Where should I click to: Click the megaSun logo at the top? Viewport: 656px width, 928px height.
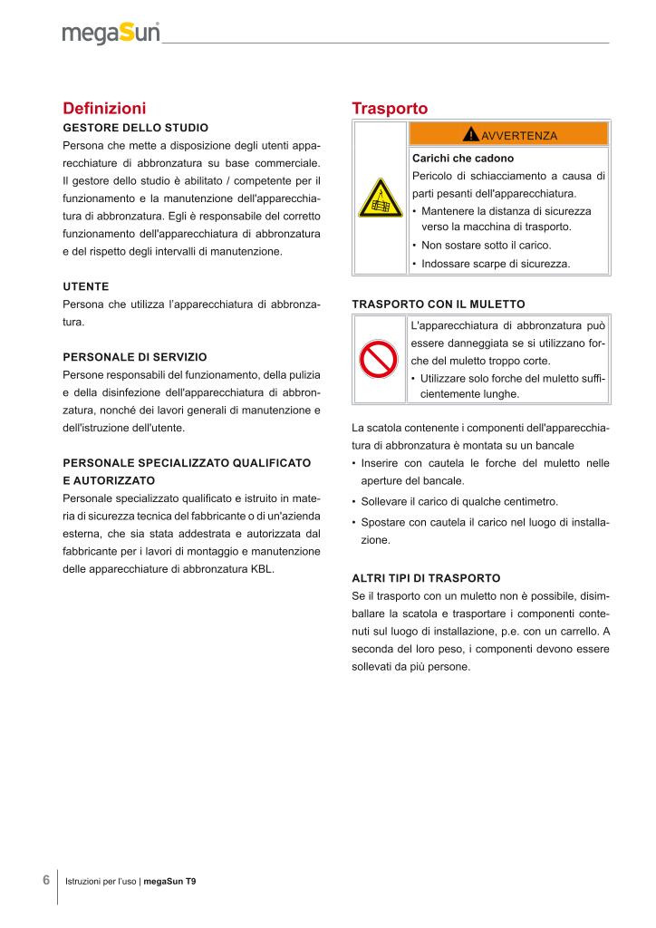coord(111,34)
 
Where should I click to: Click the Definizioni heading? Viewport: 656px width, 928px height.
coord(104,109)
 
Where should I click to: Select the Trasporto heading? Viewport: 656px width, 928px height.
coord(390,109)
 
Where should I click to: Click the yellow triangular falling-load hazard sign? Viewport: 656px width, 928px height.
coord(381,198)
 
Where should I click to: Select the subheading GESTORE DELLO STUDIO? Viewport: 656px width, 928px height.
coord(135,127)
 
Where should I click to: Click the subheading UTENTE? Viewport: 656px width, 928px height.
coord(86,285)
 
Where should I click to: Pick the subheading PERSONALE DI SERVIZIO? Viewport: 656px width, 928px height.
coord(135,357)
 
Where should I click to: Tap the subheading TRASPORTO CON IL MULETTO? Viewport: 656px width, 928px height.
coord(438,304)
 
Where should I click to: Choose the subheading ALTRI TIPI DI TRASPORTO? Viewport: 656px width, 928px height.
coord(426,577)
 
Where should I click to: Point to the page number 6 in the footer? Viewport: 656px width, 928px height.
coord(46,880)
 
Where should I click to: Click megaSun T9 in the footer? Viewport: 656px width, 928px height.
coord(170,881)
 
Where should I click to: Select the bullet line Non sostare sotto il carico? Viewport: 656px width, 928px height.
coord(486,246)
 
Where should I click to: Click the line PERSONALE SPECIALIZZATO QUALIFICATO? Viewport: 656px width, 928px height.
coord(187,463)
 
